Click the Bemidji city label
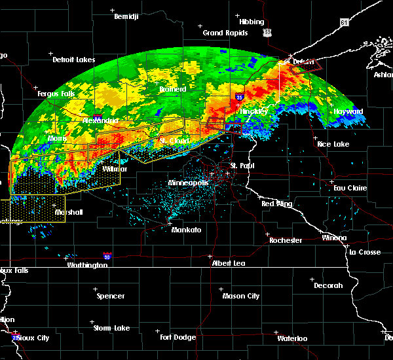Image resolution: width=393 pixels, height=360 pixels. click(x=126, y=16)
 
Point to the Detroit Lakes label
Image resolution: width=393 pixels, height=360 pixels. click(x=73, y=60)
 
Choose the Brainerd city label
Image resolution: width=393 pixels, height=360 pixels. click(x=173, y=89)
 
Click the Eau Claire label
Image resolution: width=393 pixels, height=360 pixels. click(x=348, y=188)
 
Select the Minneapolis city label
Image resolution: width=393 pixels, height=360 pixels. click(x=188, y=183)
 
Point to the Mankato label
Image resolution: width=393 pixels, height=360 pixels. click(x=186, y=230)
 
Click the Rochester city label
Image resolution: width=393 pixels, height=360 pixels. click(x=286, y=240)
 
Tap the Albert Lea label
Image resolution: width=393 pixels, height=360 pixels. click(x=229, y=262)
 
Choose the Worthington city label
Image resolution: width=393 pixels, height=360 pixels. click(x=87, y=265)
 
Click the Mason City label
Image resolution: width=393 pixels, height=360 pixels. click(x=242, y=296)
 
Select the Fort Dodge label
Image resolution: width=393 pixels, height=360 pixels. click(x=179, y=337)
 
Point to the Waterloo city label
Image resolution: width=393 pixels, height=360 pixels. click(x=292, y=338)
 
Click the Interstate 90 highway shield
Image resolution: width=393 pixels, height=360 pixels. click(x=106, y=257)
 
